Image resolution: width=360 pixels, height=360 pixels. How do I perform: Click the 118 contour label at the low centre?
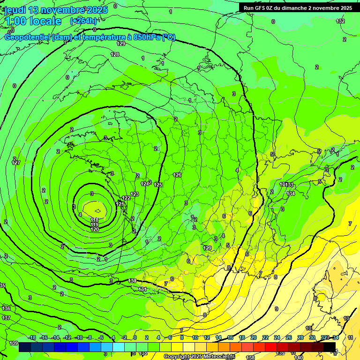(x=95, y=220)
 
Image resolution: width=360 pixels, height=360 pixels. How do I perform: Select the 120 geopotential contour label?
(x=95, y=229)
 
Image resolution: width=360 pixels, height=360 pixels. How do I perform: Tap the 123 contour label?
(x=135, y=194)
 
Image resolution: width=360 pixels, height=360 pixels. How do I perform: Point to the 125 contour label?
(x=158, y=185)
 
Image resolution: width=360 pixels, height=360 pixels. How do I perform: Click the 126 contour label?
(x=177, y=175)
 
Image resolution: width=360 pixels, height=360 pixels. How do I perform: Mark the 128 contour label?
(x=115, y=55)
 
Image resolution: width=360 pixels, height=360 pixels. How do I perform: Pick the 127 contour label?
(x=16, y=163)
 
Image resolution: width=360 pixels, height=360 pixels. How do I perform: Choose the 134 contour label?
(x=291, y=194)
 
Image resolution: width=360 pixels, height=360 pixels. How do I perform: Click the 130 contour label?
(x=132, y=281)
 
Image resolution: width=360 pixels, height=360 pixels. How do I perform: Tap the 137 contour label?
(x=6, y=318)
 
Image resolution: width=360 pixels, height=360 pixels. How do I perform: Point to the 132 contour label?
(x=340, y=21)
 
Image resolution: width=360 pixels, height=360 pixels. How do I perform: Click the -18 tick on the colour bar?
(x=32, y=337)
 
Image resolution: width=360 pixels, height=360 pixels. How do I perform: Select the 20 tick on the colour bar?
(x=253, y=337)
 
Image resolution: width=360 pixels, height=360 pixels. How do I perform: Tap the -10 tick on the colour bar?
(x=79, y=337)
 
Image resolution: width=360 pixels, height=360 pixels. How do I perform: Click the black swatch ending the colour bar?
(x=330, y=347)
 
